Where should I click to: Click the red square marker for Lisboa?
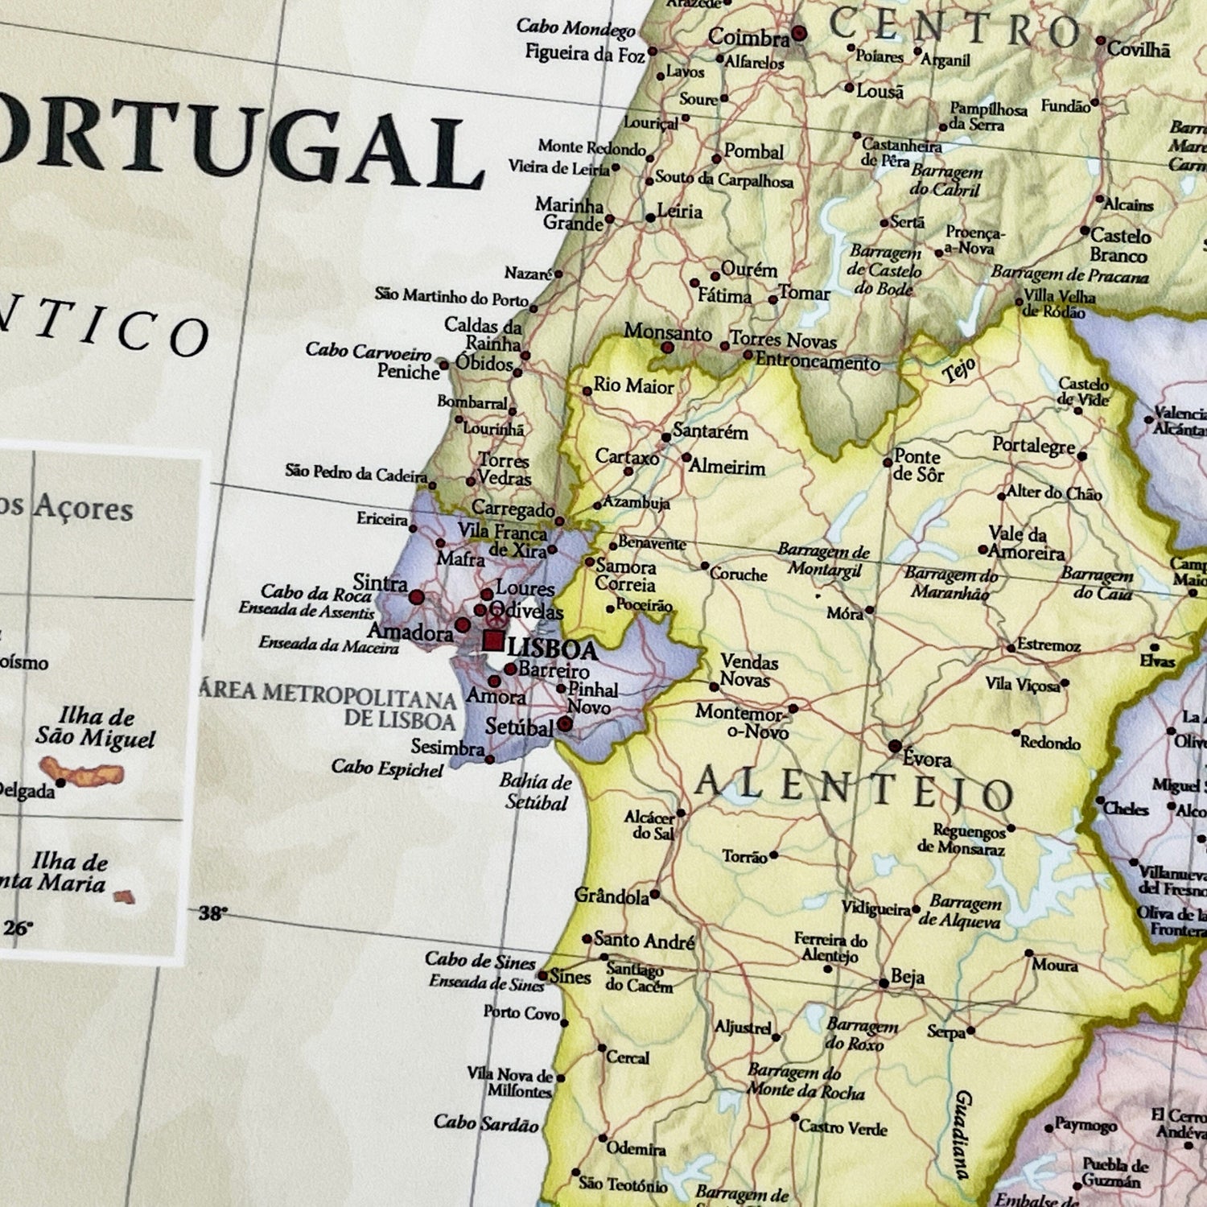tap(493, 641)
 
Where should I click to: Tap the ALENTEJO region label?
tap(853, 789)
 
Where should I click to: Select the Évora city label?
tap(927, 759)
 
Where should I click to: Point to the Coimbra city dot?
tap(798, 34)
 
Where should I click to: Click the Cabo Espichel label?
tap(387, 768)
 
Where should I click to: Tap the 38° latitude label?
tap(212, 912)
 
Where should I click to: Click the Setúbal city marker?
tap(565, 724)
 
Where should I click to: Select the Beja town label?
tap(908, 978)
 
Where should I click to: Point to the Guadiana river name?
tap(962, 1134)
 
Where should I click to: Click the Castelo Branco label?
tap(1119, 245)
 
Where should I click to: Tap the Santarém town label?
tap(711, 431)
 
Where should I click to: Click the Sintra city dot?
tap(416, 597)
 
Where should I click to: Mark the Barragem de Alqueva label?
tap(962, 912)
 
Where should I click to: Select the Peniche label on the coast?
tap(408, 372)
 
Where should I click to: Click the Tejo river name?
tap(959, 371)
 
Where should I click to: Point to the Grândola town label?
tap(611, 896)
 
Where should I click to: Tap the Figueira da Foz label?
tap(585, 54)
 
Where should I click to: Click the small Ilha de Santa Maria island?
tap(124, 896)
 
